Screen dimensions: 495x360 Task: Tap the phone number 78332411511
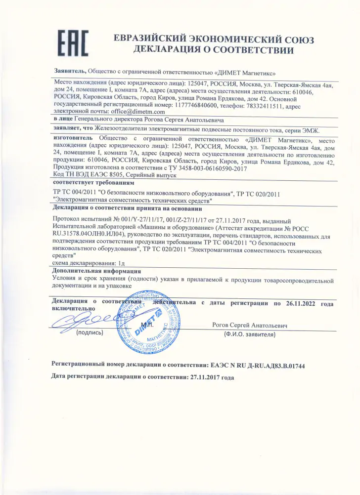pos(263,105)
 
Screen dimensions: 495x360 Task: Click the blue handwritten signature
pos(84,320)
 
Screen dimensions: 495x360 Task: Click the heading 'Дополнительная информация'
pos(96,271)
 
